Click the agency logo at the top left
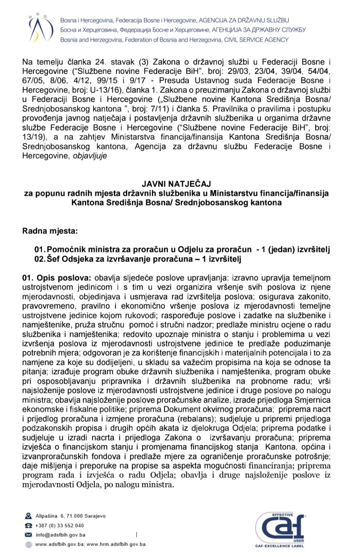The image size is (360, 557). pyautogui.click(x=41, y=28)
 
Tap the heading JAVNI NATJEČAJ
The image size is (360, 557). pyautogui.click(x=176, y=184)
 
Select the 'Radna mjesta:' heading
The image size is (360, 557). pyautogui.click(x=50, y=231)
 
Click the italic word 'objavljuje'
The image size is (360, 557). pyautogui.click(x=90, y=156)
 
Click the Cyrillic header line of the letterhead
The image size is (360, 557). pyautogui.click(x=183, y=30)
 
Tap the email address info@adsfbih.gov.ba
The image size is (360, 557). pyautogui.click(x=60, y=535)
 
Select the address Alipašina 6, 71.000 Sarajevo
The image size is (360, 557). pyautogui.click(x=70, y=516)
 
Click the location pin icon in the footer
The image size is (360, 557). pyautogui.click(x=28, y=516)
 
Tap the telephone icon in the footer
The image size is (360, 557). pyautogui.click(x=28, y=526)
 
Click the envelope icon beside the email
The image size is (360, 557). pyautogui.click(x=28, y=535)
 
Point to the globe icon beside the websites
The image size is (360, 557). pyautogui.click(x=28, y=544)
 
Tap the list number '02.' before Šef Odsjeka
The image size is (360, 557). pyautogui.click(x=40, y=259)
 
